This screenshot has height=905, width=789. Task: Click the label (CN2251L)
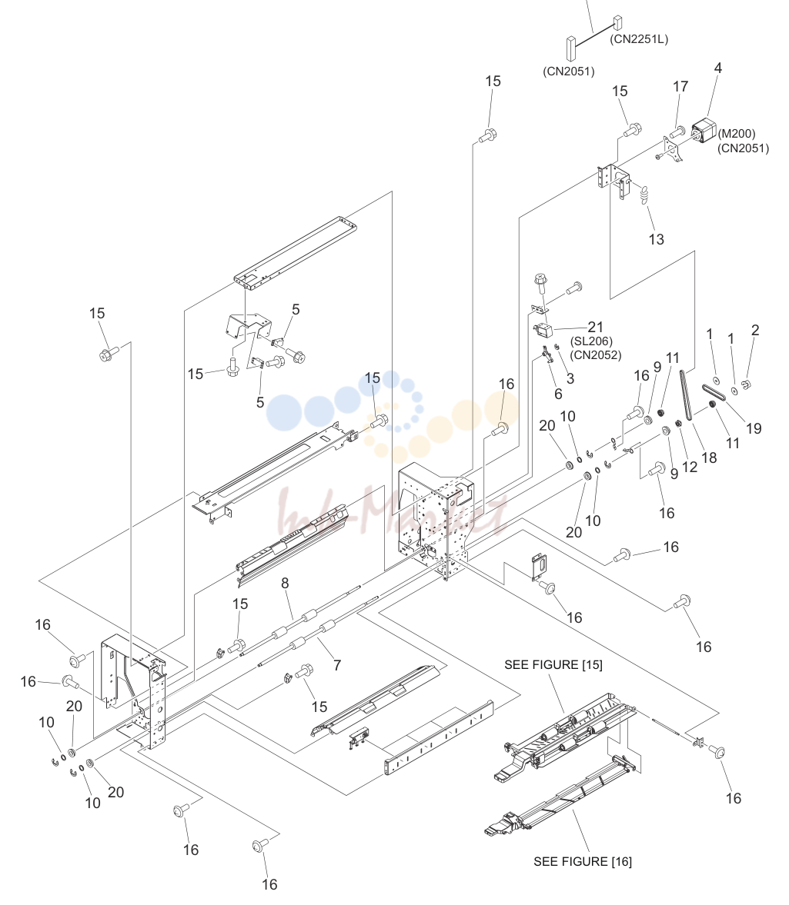click(639, 39)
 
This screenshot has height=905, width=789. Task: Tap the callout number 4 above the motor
click(718, 68)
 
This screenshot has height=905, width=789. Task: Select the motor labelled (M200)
click(704, 131)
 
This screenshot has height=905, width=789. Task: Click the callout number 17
click(680, 87)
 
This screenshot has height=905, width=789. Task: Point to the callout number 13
click(656, 240)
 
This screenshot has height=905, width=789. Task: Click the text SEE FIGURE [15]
click(553, 665)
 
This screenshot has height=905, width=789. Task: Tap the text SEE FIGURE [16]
click(582, 862)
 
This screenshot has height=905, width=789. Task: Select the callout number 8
click(285, 584)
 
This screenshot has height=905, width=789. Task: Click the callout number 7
click(336, 665)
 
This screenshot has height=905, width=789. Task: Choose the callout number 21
click(595, 328)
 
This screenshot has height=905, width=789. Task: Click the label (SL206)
click(591, 341)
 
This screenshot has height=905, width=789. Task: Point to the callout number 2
click(755, 330)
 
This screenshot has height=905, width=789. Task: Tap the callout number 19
click(753, 428)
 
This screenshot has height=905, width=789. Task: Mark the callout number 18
click(709, 457)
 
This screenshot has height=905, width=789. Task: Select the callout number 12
click(690, 467)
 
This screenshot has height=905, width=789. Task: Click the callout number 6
click(558, 394)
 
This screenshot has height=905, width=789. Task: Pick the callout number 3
click(570, 378)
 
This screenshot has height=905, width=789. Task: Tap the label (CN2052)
click(596, 355)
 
